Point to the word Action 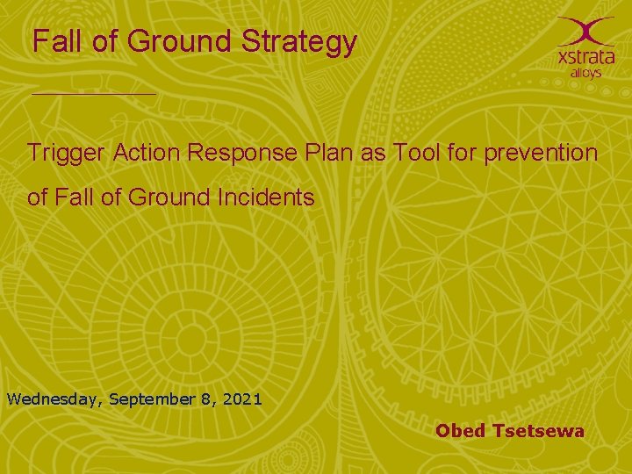tap(145, 153)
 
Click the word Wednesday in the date tap(54, 399)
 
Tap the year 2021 tap(242, 399)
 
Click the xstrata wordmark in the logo tap(585, 56)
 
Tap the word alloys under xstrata tap(585, 73)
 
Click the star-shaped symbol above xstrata tap(586, 30)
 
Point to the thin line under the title tap(94, 93)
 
